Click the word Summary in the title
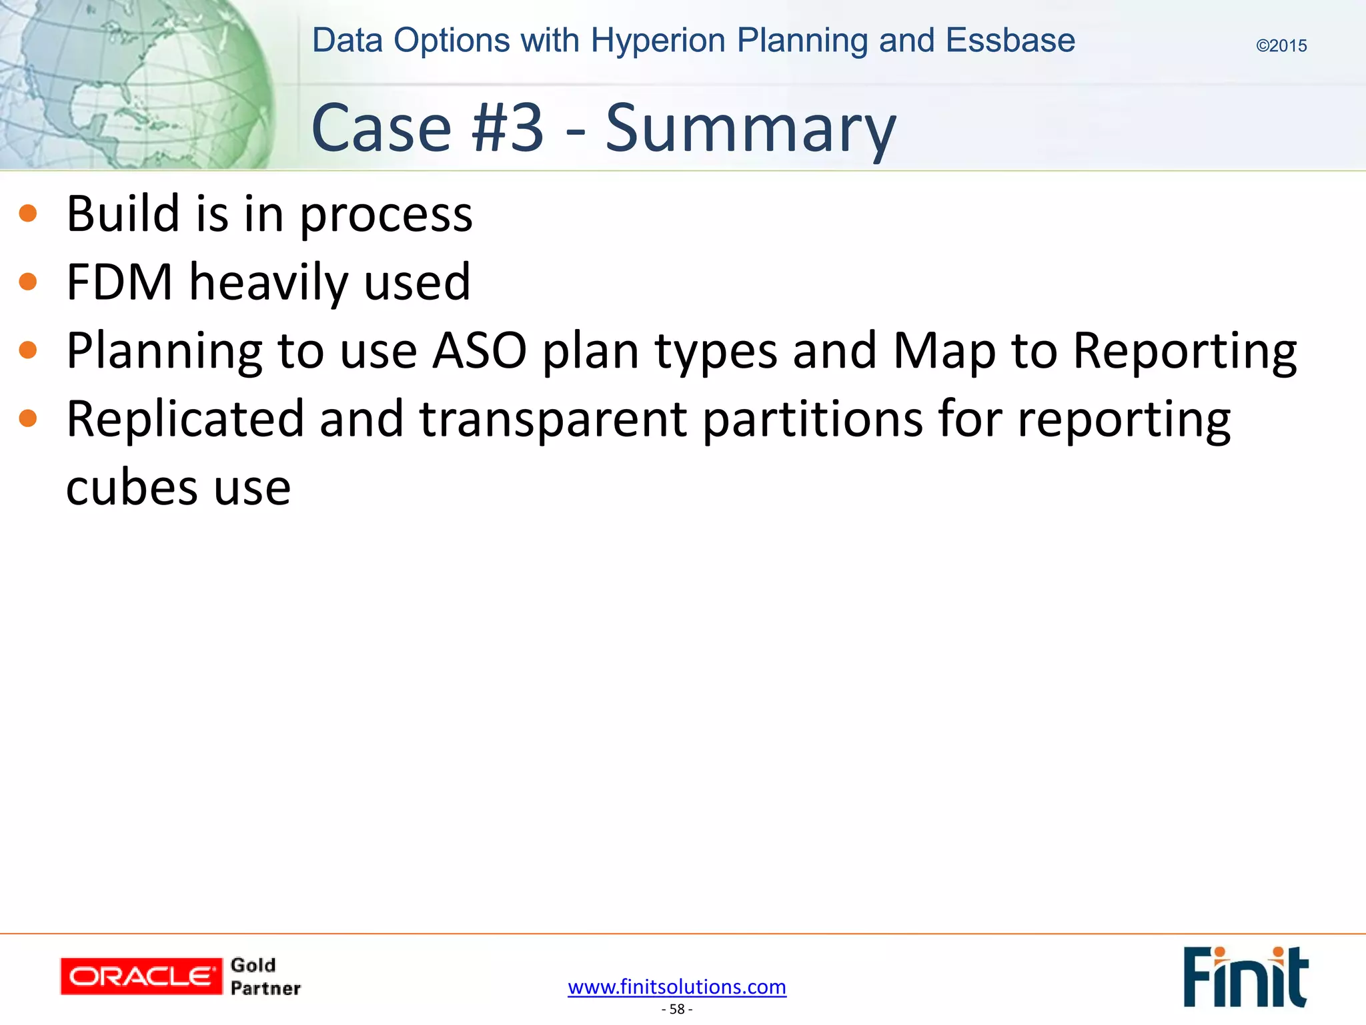tap(750, 128)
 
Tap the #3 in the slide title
tap(508, 128)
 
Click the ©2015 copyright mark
tap(1281, 46)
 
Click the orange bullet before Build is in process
tap(28, 214)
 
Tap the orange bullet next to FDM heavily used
tap(28, 282)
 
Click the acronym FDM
tap(119, 282)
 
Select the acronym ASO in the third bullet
tap(479, 350)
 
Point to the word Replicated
tap(185, 419)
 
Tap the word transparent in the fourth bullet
tap(553, 419)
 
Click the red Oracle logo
tap(141, 976)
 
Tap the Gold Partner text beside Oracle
tap(265, 976)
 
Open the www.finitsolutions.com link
tap(677, 986)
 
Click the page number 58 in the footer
tap(677, 1009)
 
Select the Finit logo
tap(1245, 976)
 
